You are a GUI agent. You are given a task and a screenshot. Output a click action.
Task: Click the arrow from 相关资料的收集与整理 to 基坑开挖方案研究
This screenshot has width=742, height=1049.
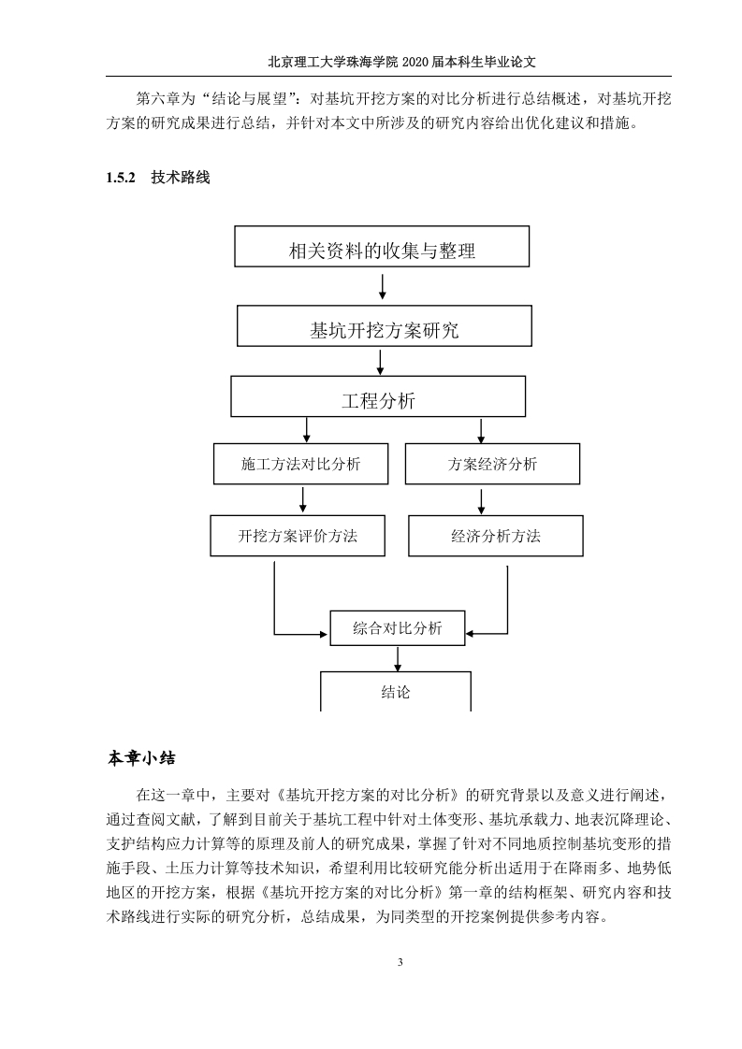pos(383,286)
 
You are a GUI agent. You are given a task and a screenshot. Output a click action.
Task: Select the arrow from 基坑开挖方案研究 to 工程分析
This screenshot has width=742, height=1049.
pos(381,361)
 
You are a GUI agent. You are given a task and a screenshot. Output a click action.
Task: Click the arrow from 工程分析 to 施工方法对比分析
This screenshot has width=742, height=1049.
pos(307,430)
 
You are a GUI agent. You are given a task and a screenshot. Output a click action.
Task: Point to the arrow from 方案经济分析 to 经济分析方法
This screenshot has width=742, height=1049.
pos(481,501)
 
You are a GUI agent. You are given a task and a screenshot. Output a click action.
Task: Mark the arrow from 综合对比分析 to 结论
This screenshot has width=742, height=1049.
pos(398,658)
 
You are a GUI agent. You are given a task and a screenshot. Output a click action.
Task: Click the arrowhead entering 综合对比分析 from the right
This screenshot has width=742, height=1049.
pos(470,633)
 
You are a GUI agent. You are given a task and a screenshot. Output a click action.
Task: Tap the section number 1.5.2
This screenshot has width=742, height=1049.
pos(121,178)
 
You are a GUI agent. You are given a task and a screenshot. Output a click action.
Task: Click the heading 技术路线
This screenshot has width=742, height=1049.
pos(181,178)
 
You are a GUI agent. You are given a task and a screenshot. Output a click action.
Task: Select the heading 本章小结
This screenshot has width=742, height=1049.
pos(141,758)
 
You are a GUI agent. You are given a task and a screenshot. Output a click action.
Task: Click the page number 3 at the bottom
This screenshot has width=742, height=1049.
pos(400,962)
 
